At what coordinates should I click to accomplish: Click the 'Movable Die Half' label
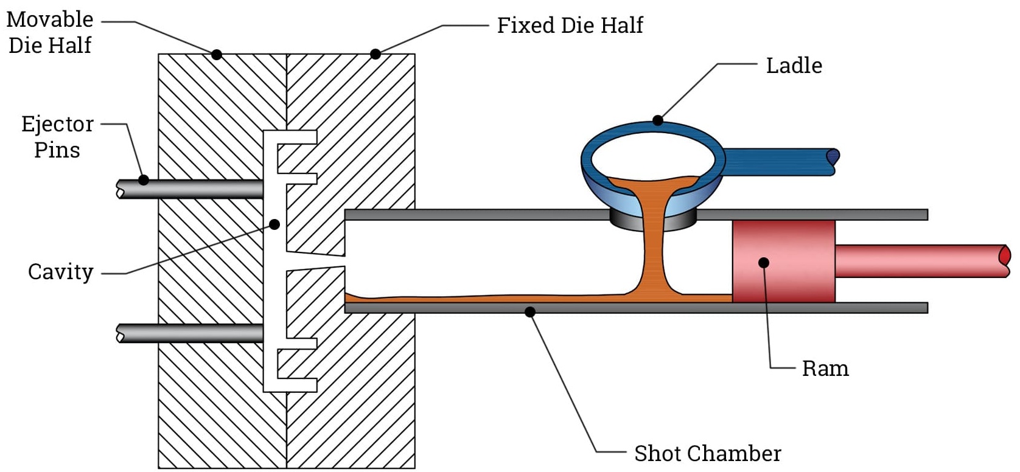coord(50,32)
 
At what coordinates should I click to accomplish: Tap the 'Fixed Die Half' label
coord(570,26)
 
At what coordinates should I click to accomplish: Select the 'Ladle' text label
coord(794,66)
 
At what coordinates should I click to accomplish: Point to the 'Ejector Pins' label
coord(57,137)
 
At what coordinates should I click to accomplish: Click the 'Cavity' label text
coord(61,272)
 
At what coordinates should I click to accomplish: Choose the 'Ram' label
coord(825,369)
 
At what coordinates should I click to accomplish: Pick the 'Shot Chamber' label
coord(707,454)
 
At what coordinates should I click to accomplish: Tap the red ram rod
coord(919,261)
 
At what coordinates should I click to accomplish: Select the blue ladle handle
coord(779,162)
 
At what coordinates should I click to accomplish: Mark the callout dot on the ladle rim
coord(657,120)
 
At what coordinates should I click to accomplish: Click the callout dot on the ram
coord(764,263)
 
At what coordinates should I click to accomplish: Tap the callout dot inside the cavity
coord(274,224)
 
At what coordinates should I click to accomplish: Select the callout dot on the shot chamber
coord(530,312)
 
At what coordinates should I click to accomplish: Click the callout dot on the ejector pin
coord(144,180)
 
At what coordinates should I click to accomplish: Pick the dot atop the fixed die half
coord(376,54)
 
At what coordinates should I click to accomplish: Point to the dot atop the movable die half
coord(217,55)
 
